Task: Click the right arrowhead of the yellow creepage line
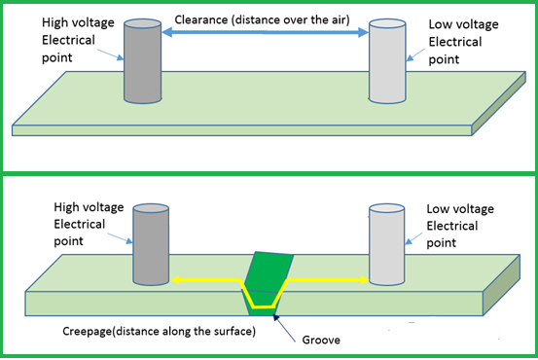point(361,280)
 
